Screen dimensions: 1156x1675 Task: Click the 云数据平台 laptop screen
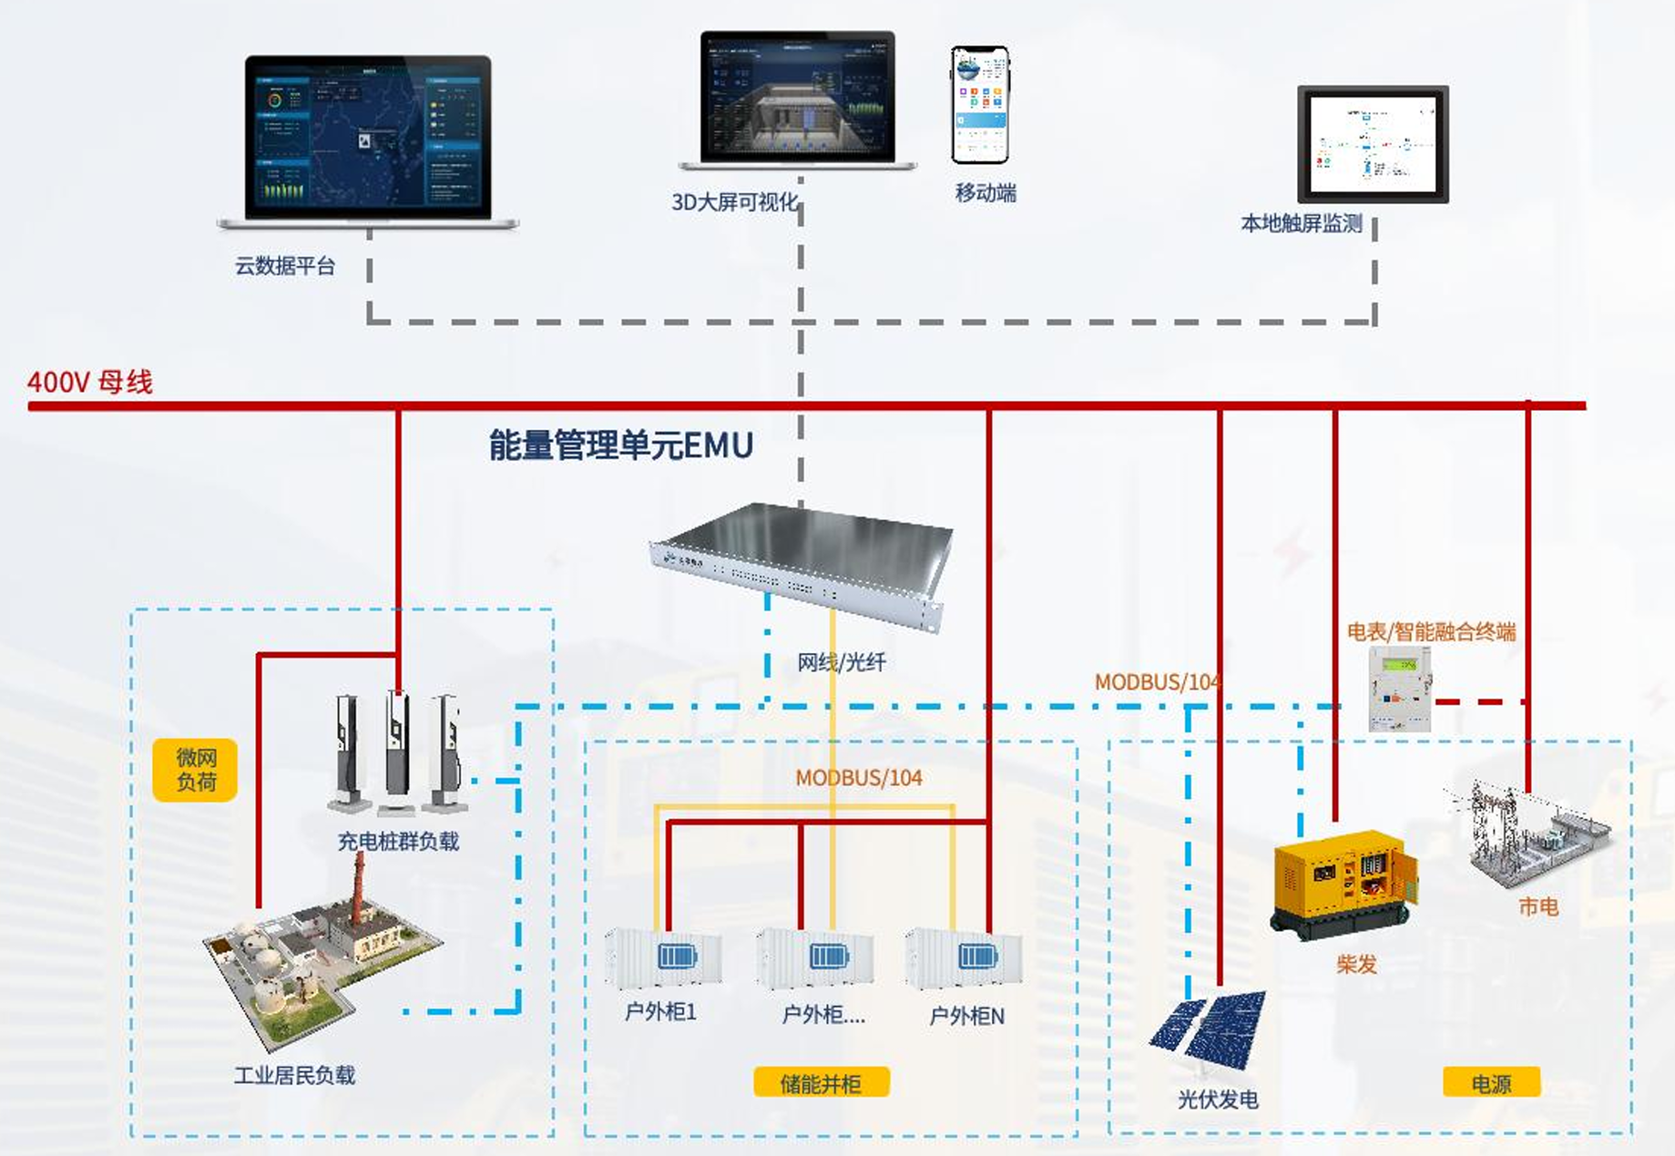pos(367,137)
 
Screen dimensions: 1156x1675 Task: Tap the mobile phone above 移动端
pos(980,105)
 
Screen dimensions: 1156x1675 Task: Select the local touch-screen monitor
pos(1373,144)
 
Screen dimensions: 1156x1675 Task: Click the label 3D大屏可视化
pos(734,202)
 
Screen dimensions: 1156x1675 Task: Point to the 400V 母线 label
pos(90,382)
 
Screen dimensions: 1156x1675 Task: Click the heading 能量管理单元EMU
pos(621,445)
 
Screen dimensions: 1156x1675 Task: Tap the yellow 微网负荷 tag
pos(195,770)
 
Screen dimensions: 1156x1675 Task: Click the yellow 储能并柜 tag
pos(821,1083)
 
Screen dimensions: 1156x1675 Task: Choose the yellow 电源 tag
pos(1491,1083)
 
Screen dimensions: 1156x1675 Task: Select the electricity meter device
pos(1400,689)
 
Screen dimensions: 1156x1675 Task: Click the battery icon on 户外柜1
pos(677,957)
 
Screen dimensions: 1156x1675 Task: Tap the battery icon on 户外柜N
pos(977,957)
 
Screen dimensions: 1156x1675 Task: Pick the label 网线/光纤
pos(841,662)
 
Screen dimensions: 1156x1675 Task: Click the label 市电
pos(1537,906)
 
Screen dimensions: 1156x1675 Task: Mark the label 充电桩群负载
pos(398,841)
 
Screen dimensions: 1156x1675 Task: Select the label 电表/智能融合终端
pos(1431,631)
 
